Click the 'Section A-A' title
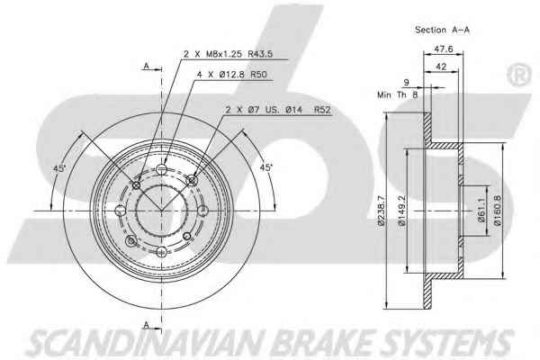coord(442,30)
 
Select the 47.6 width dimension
coord(443,49)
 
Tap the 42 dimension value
coord(441,67)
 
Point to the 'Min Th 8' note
coord(398,94)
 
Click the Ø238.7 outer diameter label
coord(381,210)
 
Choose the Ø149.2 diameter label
coord(402,211)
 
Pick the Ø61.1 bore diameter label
coord(481,211)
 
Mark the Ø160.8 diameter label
coord(498,211)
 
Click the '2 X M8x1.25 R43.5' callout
coord(229,54)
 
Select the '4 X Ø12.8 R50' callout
coord(232,74)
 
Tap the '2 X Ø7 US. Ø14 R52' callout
coord(278,110)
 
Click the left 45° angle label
coord(59,168)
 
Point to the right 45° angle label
coord(265,167)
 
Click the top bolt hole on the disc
coord(161,169)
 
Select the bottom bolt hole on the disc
coord(161,251)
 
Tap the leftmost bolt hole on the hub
coord(121,210)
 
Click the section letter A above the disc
coord(147,66)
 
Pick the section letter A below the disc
coord(147,325)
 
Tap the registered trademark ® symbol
coord(519,75)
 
